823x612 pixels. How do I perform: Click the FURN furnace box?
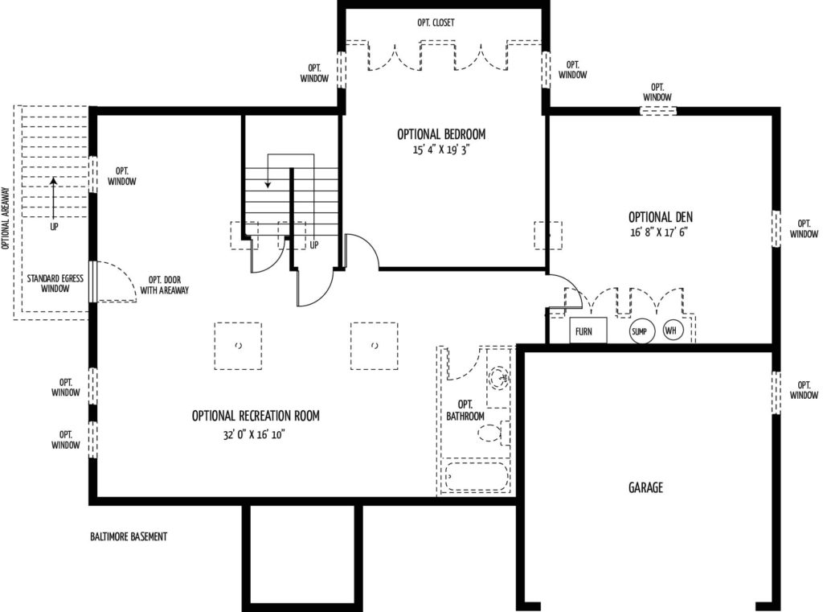point(588,331)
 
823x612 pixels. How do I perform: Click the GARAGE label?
point(645,487)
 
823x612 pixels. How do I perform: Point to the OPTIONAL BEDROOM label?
point(441,134)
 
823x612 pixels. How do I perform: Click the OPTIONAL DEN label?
point(661,216)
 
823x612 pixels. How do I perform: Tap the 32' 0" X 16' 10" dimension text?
point(254,434)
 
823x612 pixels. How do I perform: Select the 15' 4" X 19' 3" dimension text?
point(440,150)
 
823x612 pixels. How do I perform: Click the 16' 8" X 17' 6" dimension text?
point(659,232)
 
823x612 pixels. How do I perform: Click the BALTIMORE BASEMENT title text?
point(129,536)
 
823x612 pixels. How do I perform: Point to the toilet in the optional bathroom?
point(493,433)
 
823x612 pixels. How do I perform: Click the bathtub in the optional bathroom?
point(477,476)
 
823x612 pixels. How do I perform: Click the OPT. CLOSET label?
point(436,23)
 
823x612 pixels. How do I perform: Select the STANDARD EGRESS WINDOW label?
point(55,283)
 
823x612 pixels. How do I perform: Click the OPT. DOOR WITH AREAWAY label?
point(164,285)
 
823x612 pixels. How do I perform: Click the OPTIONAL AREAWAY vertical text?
point(6,218)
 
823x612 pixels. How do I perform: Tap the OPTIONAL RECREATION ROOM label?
point(256,416)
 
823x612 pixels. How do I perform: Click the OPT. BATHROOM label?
point(465,410)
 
